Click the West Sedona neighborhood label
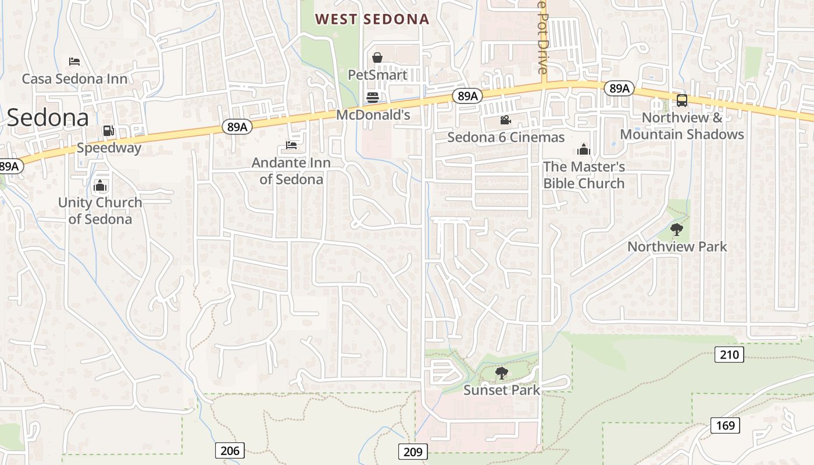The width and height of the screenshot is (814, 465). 372,19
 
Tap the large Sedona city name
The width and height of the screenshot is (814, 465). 48,117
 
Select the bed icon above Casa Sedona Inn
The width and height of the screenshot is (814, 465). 74,61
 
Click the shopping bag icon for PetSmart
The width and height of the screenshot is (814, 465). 377,58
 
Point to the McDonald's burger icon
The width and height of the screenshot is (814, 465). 373,97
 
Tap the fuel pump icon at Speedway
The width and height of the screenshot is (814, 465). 108,131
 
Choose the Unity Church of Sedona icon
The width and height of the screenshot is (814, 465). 100,186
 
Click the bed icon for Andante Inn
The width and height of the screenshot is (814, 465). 291,145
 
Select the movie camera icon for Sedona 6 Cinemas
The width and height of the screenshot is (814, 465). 505,120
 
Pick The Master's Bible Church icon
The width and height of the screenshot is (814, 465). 584,150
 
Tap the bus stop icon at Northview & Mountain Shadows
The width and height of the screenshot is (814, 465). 682,101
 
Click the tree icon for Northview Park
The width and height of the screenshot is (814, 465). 676,229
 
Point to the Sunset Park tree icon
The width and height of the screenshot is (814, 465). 501,373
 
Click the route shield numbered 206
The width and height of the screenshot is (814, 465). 230,450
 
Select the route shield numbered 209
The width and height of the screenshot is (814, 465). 413,451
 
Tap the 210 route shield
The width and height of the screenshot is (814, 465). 729,354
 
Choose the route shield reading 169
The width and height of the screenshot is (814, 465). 725,425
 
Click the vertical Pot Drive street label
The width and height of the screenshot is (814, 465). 542,38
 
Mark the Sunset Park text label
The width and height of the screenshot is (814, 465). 501,391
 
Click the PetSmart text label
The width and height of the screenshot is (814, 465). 377,75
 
